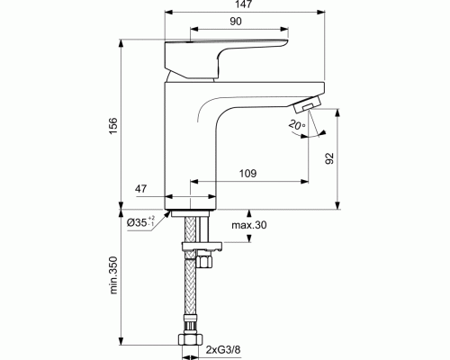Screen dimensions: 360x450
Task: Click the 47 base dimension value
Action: click(x=143, y=188)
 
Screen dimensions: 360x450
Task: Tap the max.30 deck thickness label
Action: click(x=247, y=224)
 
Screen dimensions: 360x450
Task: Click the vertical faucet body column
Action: click(x=189, y=144)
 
